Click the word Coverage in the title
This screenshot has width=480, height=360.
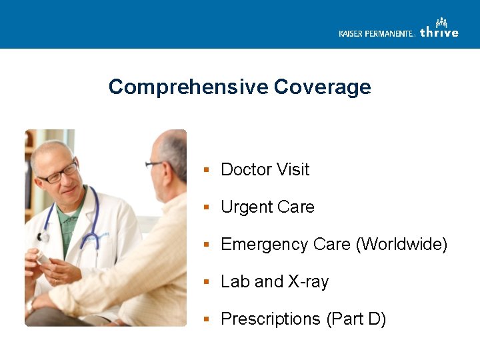tap(322, 87)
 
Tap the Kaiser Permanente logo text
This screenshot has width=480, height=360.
tap(376, 33)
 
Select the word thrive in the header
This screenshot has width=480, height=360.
tap(439, 32)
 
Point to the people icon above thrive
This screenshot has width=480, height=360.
tap(441, 23)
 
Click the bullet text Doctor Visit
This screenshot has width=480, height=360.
tap(265, 170)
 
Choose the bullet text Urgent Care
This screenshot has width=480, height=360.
tap(267, 207)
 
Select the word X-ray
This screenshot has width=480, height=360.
tap(308, 282)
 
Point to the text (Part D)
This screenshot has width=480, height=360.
tap(356, 319)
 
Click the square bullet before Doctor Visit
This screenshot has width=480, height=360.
tap(207, 170)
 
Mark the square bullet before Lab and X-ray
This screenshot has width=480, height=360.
tap(207, 282)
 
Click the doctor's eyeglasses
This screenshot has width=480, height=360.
tap(59, 173)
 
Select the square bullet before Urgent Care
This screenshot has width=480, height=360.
tap(207, 207)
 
